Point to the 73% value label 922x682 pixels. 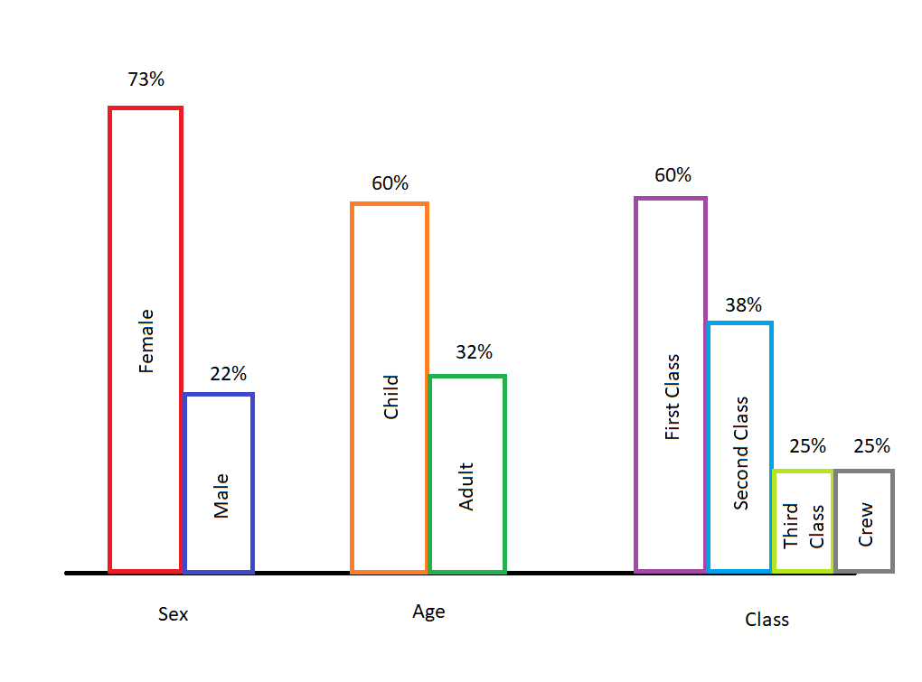[146, 79]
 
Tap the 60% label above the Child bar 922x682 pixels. [390, 183]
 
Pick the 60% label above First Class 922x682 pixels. [673, 175]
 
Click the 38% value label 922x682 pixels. [743, 305]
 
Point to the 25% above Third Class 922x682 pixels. [807, 445]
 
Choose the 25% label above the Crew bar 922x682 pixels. [871, 445]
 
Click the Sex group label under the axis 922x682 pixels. [173, 614]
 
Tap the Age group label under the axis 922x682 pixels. [428, 612]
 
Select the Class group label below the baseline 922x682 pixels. [767, 620]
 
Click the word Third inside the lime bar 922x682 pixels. [792, 526]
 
